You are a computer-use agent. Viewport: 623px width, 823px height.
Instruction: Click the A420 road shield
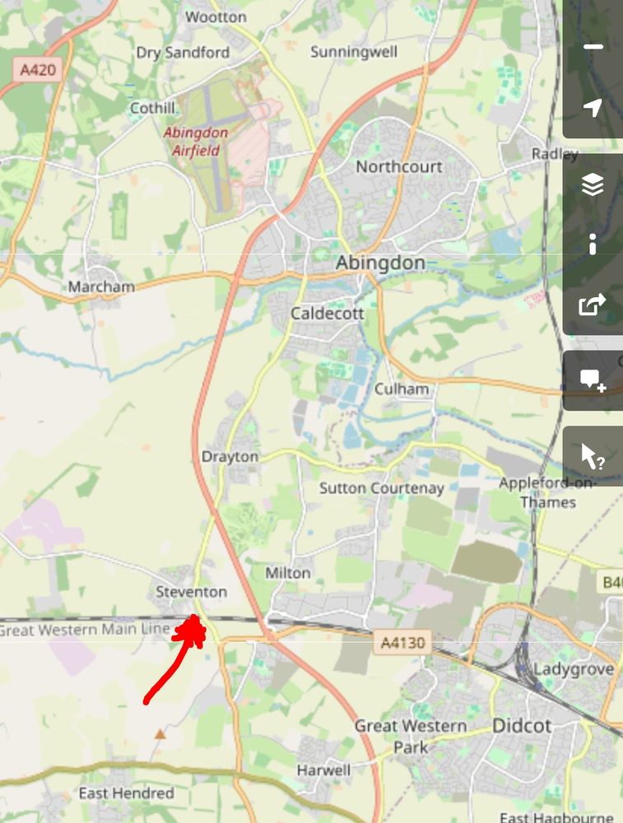pyautogui.click(x=39, y=69)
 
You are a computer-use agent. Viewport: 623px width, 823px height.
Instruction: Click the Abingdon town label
pyautogui.click(x=380, y=263)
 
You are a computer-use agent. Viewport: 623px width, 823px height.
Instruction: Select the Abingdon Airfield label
pyautogui.click(x=196, y=141)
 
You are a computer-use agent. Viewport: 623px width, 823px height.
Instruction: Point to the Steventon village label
pyautogui.click(x=191, y=592)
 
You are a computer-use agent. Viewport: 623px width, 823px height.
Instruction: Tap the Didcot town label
pyautogui.click(x=521, y=726)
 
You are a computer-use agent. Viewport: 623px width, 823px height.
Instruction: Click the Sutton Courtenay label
pyautogui.click(x=381, y=488)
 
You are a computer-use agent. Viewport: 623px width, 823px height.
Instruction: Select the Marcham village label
pyautogui.click(x=101, y=287)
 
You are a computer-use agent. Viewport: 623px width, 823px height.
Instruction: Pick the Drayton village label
pyautogui.click(x=230, y=457)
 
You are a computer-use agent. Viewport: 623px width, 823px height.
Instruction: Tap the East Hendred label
pyautogui.click(x=126, y=793)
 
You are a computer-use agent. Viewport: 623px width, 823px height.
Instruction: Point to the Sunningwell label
pyautogui.click(x=353, y=52)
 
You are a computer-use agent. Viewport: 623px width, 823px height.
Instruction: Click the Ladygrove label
pyautogui.click(x=574, y=669)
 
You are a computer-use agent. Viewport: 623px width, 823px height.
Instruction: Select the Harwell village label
pyautogui.click(x=323, y=770)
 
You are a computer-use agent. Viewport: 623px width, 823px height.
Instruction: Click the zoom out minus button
pyautogui.click(x=593, y=47)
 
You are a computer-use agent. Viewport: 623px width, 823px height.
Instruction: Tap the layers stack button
pyautogui.click(x=593, y=187)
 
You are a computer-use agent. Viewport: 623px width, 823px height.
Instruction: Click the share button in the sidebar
pyautogui.click(x=593, y=305)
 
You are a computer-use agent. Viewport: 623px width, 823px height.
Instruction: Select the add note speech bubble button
pyautogui.click(x=593, y=380)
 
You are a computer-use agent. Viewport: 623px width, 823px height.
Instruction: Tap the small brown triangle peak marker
pyautogui.click(x=160, y=732)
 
